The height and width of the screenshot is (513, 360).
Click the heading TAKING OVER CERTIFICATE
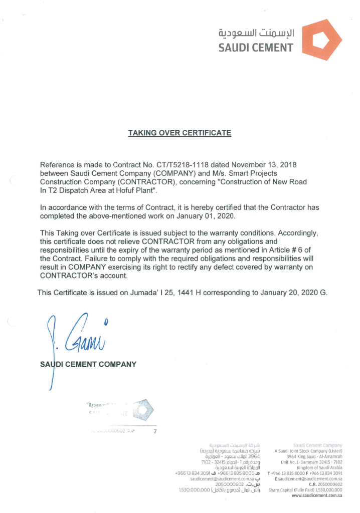pyautogui.click(x=179, y=133)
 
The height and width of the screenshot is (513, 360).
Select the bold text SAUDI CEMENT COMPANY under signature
pyautogui.click(x=88, y=364)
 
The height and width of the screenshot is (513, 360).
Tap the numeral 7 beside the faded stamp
pyautogui.click(x=155, y=430)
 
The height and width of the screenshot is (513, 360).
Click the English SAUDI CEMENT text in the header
pyautogui.click(x=256, y=48)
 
